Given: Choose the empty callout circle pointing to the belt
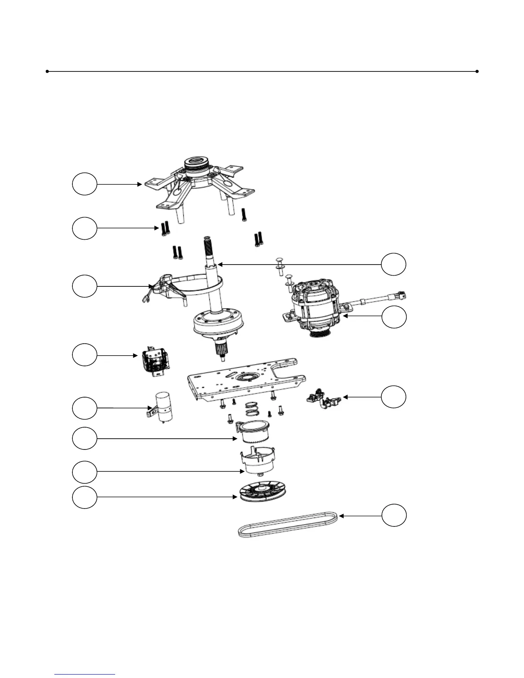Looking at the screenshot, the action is pyautogui.click(x=394, y=515).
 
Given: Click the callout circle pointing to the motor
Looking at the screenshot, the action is pyautogui.click(x=394, y=317).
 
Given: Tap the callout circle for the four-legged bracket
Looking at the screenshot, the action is pyautogui.click(x=84, y=184).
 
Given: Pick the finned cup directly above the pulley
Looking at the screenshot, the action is pyautogui.click(x=258, y=460).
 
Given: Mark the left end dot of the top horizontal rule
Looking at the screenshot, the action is pyautogui.click(x=47, y=71).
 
